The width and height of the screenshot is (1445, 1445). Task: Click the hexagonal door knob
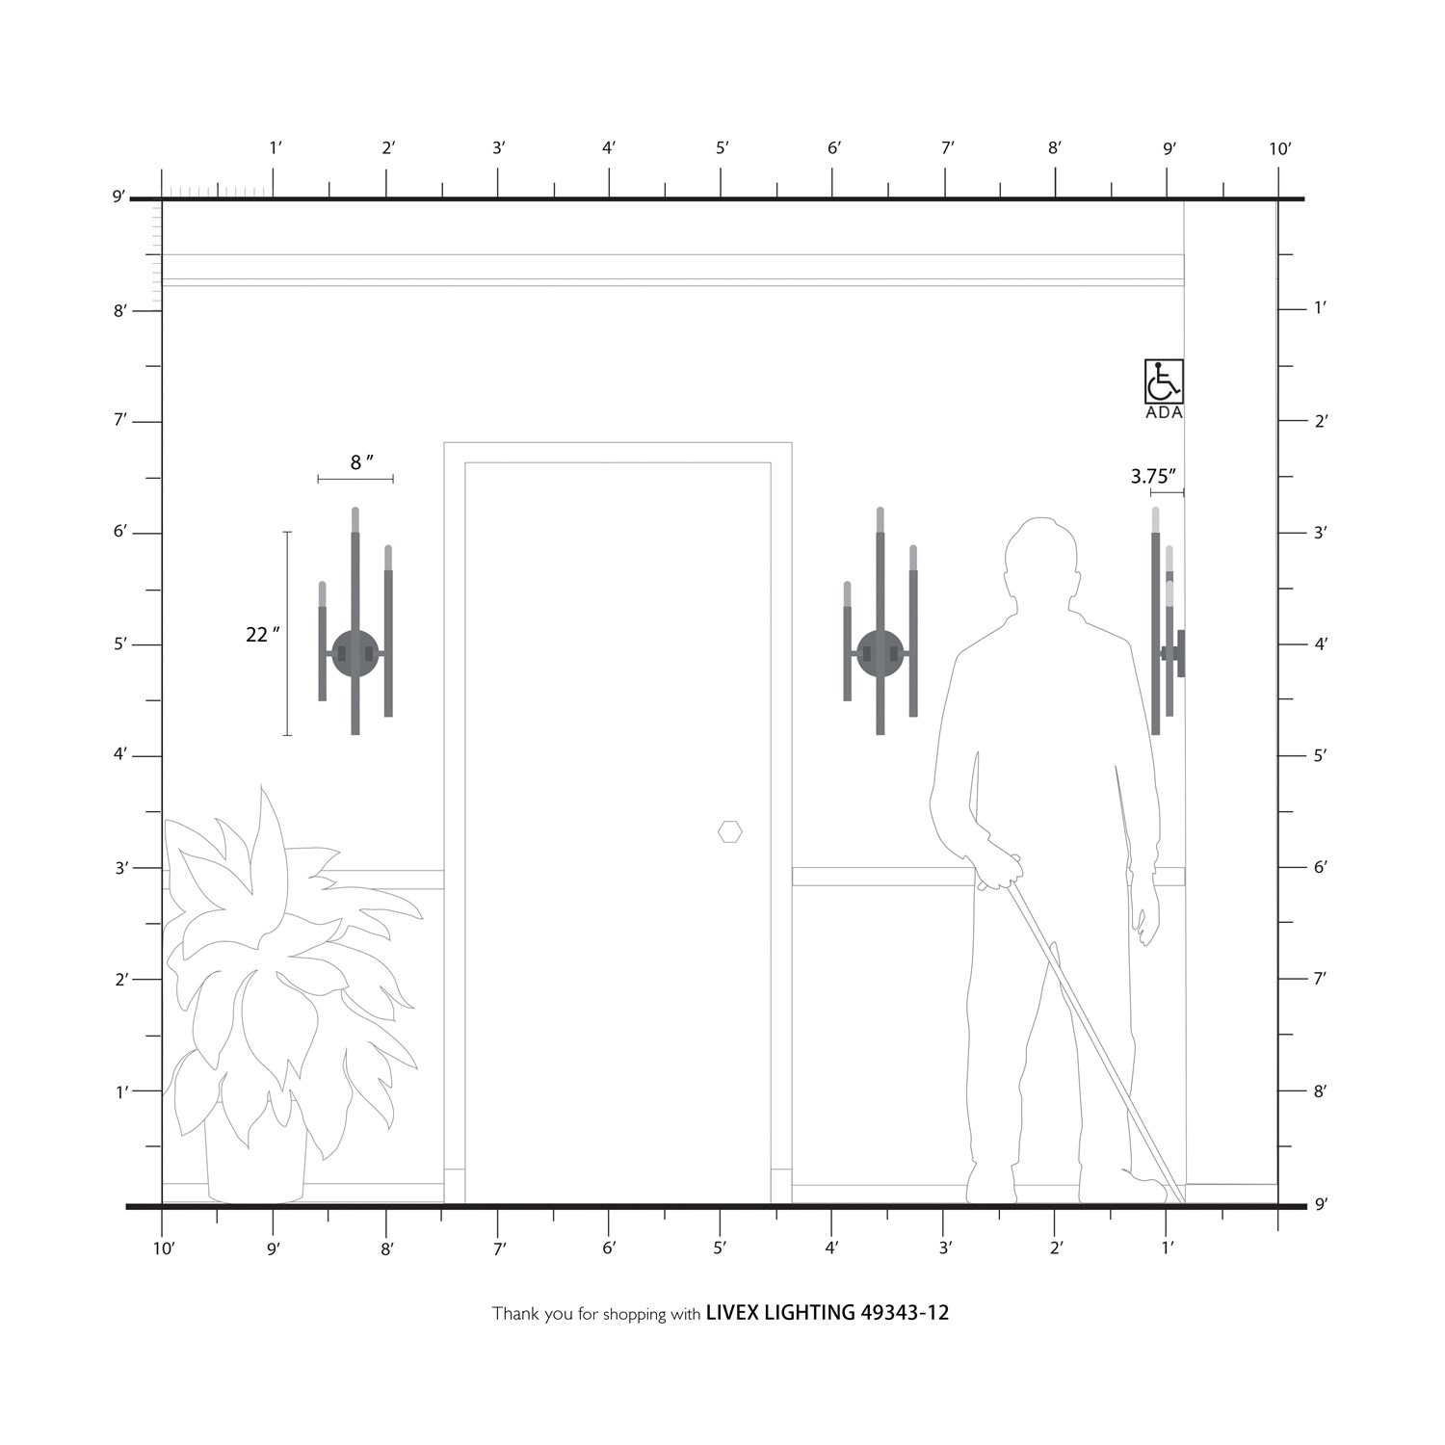point(730,831)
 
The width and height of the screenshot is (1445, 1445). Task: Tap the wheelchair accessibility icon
point(1164,381)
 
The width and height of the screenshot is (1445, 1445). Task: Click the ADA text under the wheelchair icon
point(1164,413)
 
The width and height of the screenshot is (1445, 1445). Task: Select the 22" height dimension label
point(262,634)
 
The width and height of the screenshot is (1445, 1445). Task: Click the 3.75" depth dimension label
point(1153,476)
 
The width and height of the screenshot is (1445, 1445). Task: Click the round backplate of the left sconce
point(355,653)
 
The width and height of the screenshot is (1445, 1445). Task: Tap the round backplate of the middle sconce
point(880,653)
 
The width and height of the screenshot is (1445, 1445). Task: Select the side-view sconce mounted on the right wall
point(1168,621)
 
